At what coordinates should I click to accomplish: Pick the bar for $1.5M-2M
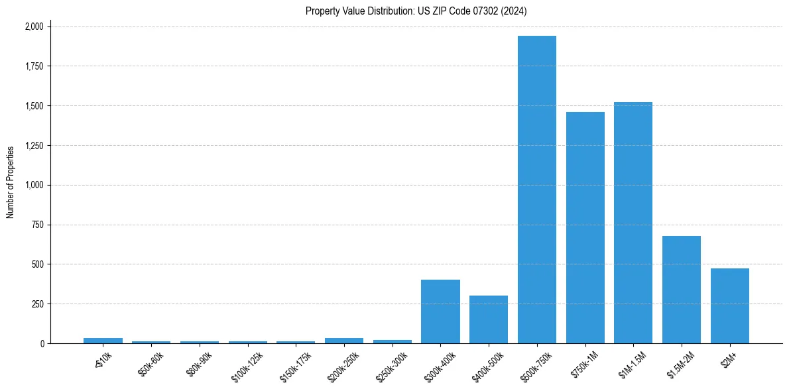(681, 290)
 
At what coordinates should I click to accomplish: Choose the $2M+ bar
(729, 306)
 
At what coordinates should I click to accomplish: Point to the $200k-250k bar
(343, 341)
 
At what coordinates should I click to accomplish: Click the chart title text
(416, 11)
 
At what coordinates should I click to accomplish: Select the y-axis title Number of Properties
(11, 182)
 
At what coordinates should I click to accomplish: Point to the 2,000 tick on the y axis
(34, 27)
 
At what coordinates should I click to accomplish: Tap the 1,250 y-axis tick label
(34, 146)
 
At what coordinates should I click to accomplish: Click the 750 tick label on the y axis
(38, 225)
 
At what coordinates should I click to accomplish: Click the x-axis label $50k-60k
(151, 364)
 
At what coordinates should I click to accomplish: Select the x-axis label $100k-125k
(246, 365)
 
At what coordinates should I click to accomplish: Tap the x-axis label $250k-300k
(391, 365)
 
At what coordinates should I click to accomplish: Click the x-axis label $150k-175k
(294, 365)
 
